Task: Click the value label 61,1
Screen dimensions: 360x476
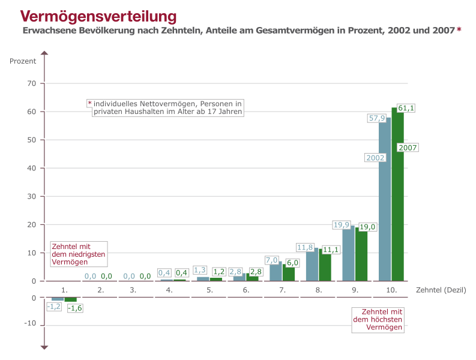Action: [406, 108]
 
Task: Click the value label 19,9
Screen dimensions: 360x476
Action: [341, 225]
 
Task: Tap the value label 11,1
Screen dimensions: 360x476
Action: [330, 250]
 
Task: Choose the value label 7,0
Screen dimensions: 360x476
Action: [271, 260]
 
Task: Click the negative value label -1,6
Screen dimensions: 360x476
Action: [75, 308]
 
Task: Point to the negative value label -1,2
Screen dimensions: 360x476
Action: [54, 306]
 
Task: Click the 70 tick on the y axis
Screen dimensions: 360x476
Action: [32, 83]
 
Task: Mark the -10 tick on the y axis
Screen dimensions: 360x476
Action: [30, 324]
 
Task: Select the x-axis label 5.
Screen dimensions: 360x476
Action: [209, 290]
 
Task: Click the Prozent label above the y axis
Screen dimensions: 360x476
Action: [23, 61]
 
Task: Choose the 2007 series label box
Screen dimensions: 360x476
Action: [408, 148]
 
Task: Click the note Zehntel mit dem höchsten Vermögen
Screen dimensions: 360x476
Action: [378, 320]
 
